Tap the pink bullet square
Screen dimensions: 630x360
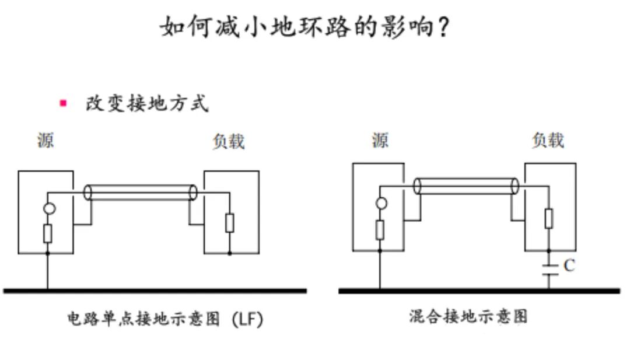(63, 103)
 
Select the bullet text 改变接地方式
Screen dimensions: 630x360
(147, 103)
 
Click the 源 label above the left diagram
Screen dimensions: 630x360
(45, 140)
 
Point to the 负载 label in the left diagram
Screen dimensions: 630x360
(229, 141)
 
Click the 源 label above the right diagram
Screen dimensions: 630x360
(380, 140)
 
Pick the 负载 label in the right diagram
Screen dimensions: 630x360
(548, 140)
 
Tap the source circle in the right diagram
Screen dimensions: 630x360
(381, 203)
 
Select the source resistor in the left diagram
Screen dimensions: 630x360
(47, 233)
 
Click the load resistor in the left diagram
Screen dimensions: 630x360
(229, 223)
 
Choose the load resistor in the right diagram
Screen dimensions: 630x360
(548, 219)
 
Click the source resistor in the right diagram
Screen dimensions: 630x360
(380, 230)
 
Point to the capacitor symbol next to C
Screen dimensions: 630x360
(549, 270)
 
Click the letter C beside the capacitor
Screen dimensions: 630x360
(569, 265)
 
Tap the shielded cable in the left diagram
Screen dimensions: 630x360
(140, 193)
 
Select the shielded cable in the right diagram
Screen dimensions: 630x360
(466, 187)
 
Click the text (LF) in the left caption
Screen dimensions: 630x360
(247, 319)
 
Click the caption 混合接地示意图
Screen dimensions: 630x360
(468, 317)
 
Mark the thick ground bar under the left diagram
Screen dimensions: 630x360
(155, 291)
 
